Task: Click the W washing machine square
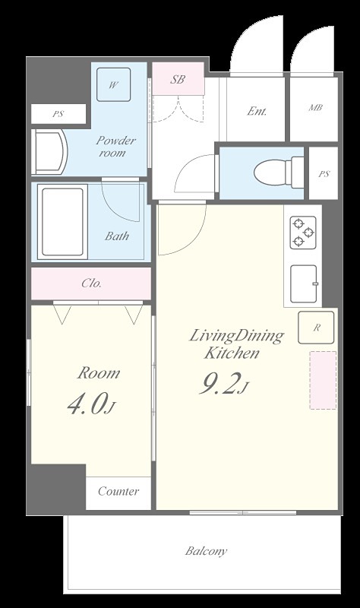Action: click(113, 84)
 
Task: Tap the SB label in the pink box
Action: click(178, 80)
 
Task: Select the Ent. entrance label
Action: click(257, 111)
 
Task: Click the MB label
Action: click(315, 107)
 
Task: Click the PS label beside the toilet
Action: click(324, 174)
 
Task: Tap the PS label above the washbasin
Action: click(58, 114)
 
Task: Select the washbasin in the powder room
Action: click(49, 152)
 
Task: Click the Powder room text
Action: click(115, 146)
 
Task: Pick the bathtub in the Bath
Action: click(62, 221)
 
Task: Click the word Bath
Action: click(117, 236)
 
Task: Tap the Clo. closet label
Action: click(92, 283)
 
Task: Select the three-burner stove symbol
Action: click(303, 233)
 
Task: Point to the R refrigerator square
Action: click(316, 328)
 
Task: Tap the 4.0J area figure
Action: click(91, 404)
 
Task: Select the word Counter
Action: click(118, 491)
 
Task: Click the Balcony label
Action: click(206, 551)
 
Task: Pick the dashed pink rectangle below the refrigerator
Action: click(323, 380)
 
